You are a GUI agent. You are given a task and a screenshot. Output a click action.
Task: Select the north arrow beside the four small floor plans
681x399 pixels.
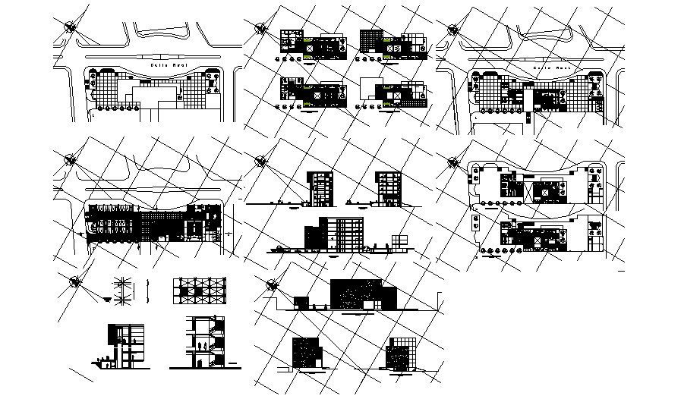coord(262,28)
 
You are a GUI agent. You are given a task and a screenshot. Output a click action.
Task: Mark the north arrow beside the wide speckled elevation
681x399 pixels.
coord(272,284)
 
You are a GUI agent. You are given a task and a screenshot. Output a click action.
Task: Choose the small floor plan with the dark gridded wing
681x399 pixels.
coord(391,42)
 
